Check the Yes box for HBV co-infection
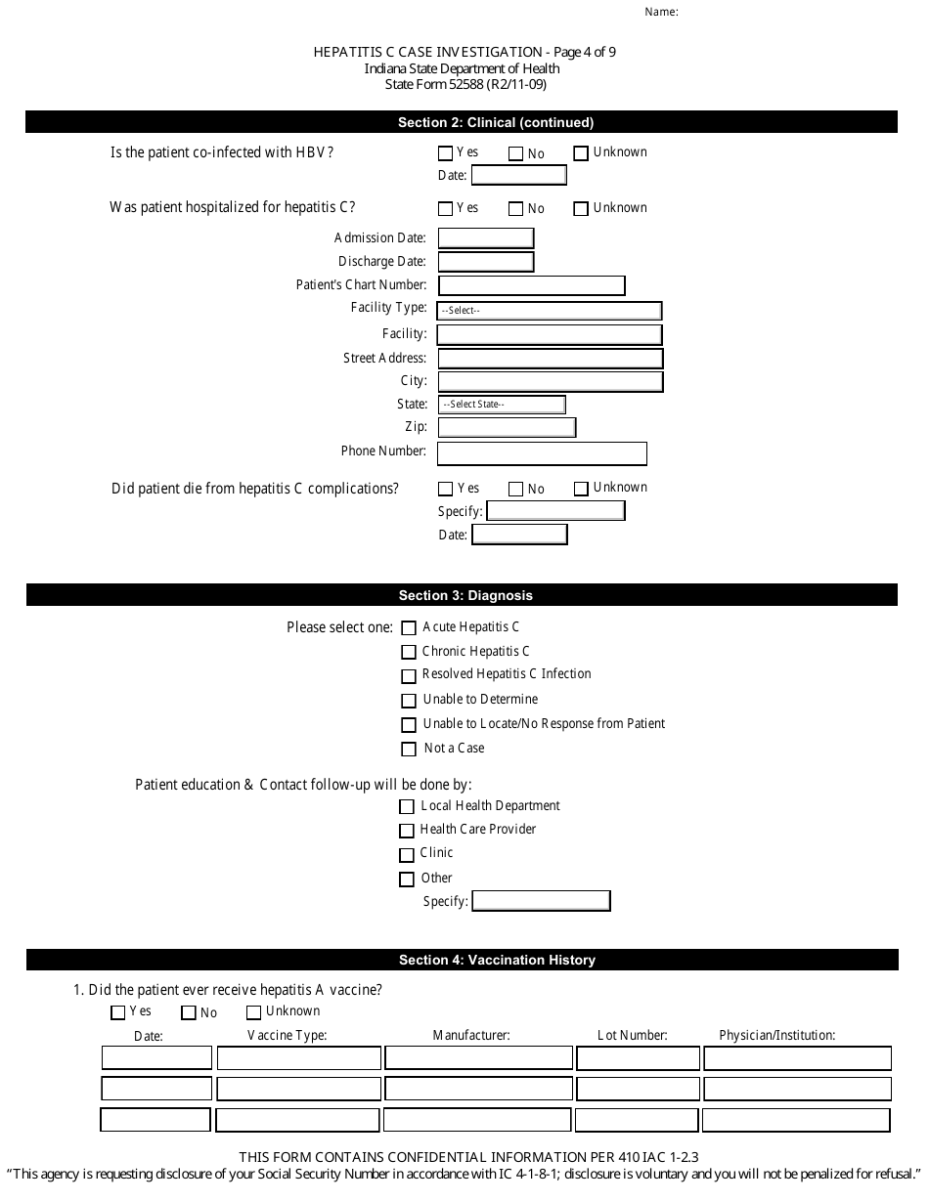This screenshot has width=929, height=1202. point(446,153)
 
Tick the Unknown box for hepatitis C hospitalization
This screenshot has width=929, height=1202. point(581,208)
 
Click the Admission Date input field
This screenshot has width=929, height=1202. point(486,238)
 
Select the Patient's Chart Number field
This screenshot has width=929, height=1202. point(531,285)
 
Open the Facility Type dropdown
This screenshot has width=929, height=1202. point(550,311)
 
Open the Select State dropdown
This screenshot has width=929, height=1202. point(502,405)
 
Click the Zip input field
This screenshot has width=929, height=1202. point(507,428)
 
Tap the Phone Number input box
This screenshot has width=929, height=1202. point(542,453)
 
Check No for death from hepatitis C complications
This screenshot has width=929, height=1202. point(516,489)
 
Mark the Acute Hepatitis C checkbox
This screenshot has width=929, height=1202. point(409,628)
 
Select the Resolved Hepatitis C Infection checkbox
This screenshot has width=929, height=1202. point(409,676)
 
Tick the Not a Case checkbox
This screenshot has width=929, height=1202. point(409,750)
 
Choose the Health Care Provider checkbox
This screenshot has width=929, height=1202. point(407,831)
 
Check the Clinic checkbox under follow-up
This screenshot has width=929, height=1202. point(407,855)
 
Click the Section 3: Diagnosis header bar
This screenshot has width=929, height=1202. point(462,595)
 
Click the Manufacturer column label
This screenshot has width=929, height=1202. point(471,1036)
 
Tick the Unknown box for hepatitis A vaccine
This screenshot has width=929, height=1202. point(254,1013)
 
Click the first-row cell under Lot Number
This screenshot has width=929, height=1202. point(638,1058)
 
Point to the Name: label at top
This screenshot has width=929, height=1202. point(662,13)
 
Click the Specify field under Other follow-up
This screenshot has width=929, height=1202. point(542,901)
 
